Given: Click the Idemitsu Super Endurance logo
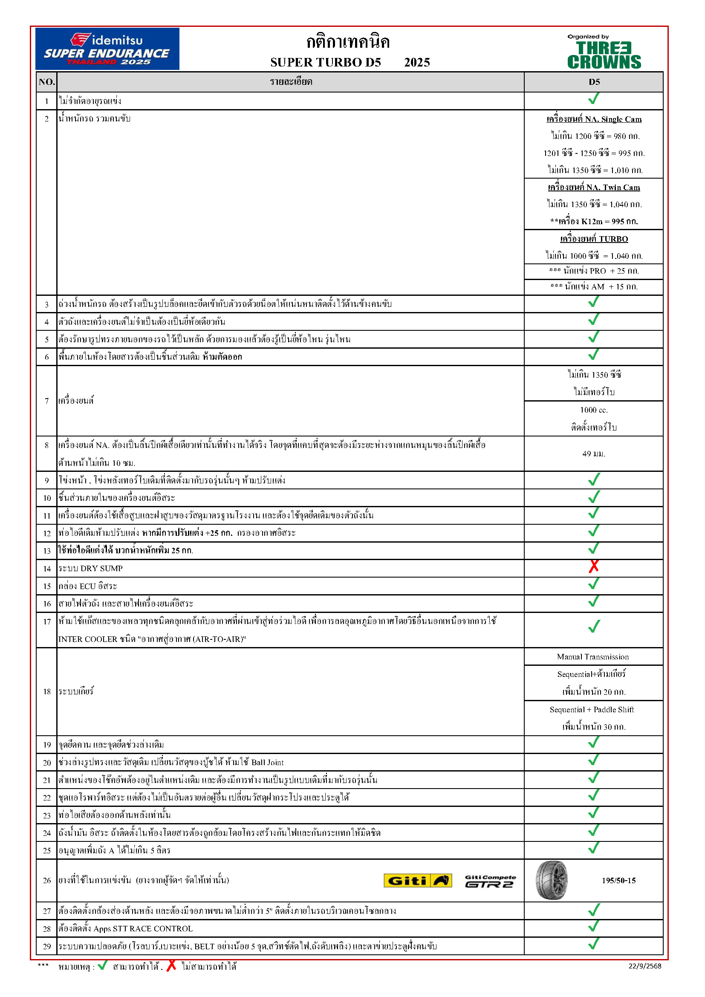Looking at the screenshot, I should pos(107,49).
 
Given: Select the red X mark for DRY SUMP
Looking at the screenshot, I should pos(593,566).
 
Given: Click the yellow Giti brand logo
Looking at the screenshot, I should pos(418,881).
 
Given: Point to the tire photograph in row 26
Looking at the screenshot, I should pos(551,880).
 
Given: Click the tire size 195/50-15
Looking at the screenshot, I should pos(618,881).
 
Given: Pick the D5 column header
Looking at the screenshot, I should pos(594,82).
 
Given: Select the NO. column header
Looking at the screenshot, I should pos(46,82).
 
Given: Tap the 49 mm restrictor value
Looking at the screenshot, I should pos(593,454).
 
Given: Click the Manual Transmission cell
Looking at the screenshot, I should pos(592,657).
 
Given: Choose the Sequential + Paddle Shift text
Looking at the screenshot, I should pos(592,710).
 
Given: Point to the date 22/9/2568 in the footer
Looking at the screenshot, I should pos(644,966).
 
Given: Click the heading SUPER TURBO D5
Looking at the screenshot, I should pos(326,63).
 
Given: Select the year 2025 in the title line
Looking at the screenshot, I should pos(417,63).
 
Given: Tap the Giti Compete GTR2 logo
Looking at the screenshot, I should pos(490,881).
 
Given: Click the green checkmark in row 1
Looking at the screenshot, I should pos(593,99).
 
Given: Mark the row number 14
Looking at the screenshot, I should pos(47,569).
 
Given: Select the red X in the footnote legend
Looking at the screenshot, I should pos(171,965).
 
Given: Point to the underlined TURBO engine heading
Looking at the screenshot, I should pos(593,239).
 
